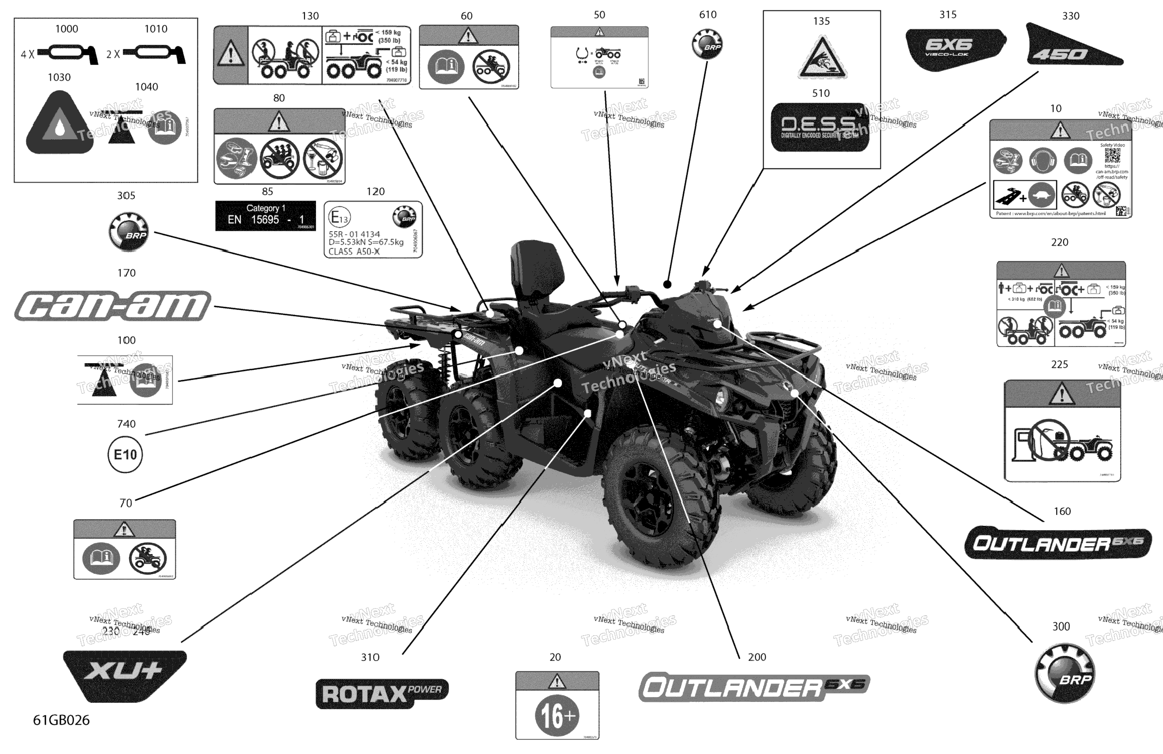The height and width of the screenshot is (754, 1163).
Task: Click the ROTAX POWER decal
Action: [x=382, y=693]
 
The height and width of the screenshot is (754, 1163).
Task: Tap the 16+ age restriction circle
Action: [x=557, y=716]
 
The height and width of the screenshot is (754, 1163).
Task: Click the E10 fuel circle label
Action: [x=125, y=455]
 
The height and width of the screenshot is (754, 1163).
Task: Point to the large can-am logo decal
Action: [x=113, y=306]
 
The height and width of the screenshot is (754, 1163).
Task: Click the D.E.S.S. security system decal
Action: [x=821, y=127]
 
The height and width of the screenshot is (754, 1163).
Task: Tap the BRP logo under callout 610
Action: [x=707, y=44]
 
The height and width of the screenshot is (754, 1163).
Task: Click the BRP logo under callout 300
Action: [x=1065, y=673]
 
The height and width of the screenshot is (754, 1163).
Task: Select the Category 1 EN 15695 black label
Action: [x=265, y=215]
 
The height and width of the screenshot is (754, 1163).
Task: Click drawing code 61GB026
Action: [x=61, y=720]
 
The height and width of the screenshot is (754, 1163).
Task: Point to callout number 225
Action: [x=1059, y=364]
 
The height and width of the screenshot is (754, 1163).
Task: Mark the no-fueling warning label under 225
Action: [x=1062, y=431]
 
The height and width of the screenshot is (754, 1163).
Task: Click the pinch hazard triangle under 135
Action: [x=822, y=58]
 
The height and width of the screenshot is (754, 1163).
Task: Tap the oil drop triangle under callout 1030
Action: [x=59, y=125]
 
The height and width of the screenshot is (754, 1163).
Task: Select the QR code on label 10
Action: [x=1113, y=156]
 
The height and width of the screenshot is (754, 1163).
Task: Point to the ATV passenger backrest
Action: [x=537, y=269]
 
